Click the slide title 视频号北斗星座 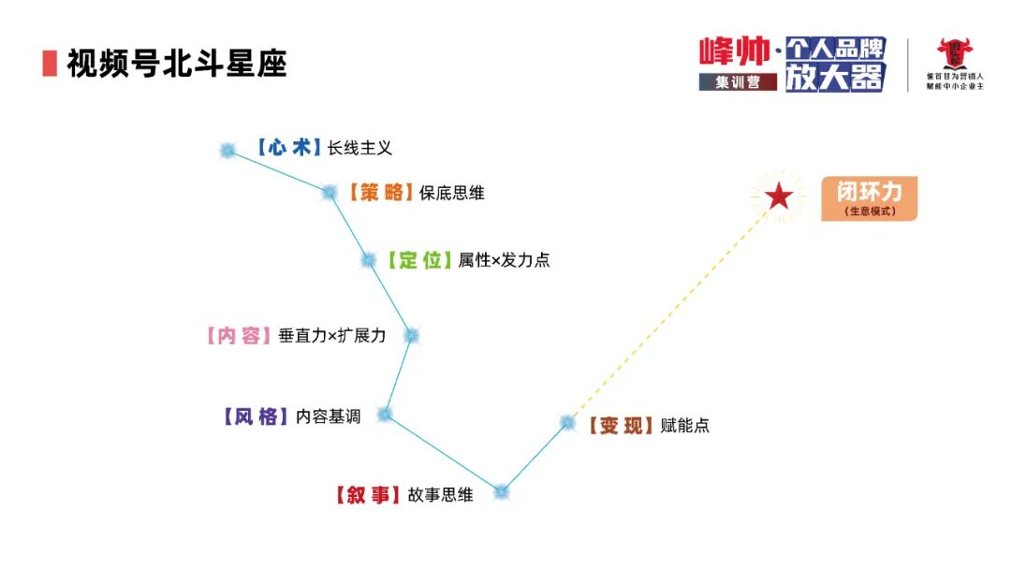click(176, 64)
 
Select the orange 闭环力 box click(869, 198)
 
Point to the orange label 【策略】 click(379, 193)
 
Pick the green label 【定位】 click(419, 260)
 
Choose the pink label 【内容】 click(238, 335)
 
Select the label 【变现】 click(621, 426)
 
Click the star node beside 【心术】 click(227, 150)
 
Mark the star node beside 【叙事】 click(502, 491)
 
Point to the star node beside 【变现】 click(567, 422)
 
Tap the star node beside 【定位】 click(368, 260)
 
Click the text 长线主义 click(359, 148)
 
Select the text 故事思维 click(440, 495)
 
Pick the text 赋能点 click(685, 426)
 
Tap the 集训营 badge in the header click(738, 81)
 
